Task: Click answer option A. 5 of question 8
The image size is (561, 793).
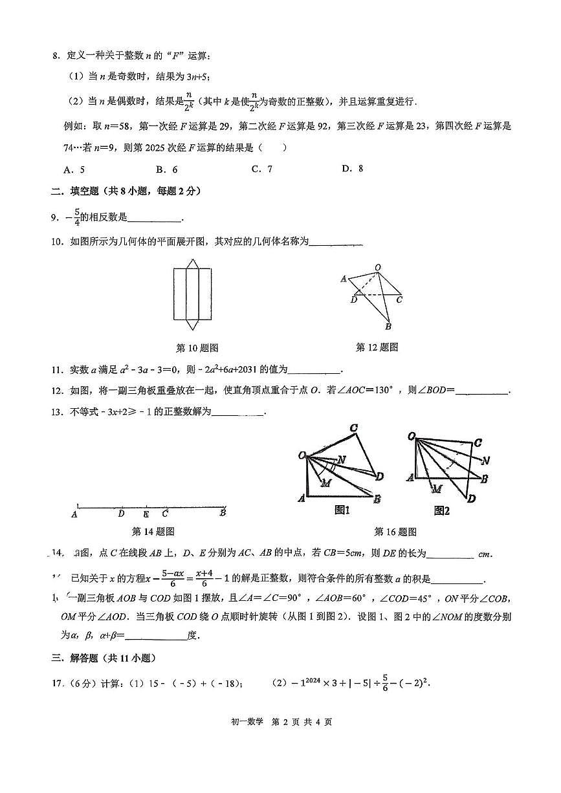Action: [x=74, y=169]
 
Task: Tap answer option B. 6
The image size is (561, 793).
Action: [x=166, y=169]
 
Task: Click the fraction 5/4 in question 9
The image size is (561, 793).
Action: [x=76, y=216]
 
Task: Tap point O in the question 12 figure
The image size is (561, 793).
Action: [x=377, y=267]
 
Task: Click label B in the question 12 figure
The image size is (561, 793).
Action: [x=388, y=327]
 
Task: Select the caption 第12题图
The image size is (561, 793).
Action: [x=377, y=347]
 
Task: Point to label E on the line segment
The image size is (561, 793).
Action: [x=146, y=514]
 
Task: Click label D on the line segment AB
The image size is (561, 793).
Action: [x=121, y=514]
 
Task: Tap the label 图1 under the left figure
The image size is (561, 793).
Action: [x=342, y=510]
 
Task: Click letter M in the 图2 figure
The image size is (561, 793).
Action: [x=437, y=488]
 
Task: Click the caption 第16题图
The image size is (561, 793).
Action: [x=395, y=532]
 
